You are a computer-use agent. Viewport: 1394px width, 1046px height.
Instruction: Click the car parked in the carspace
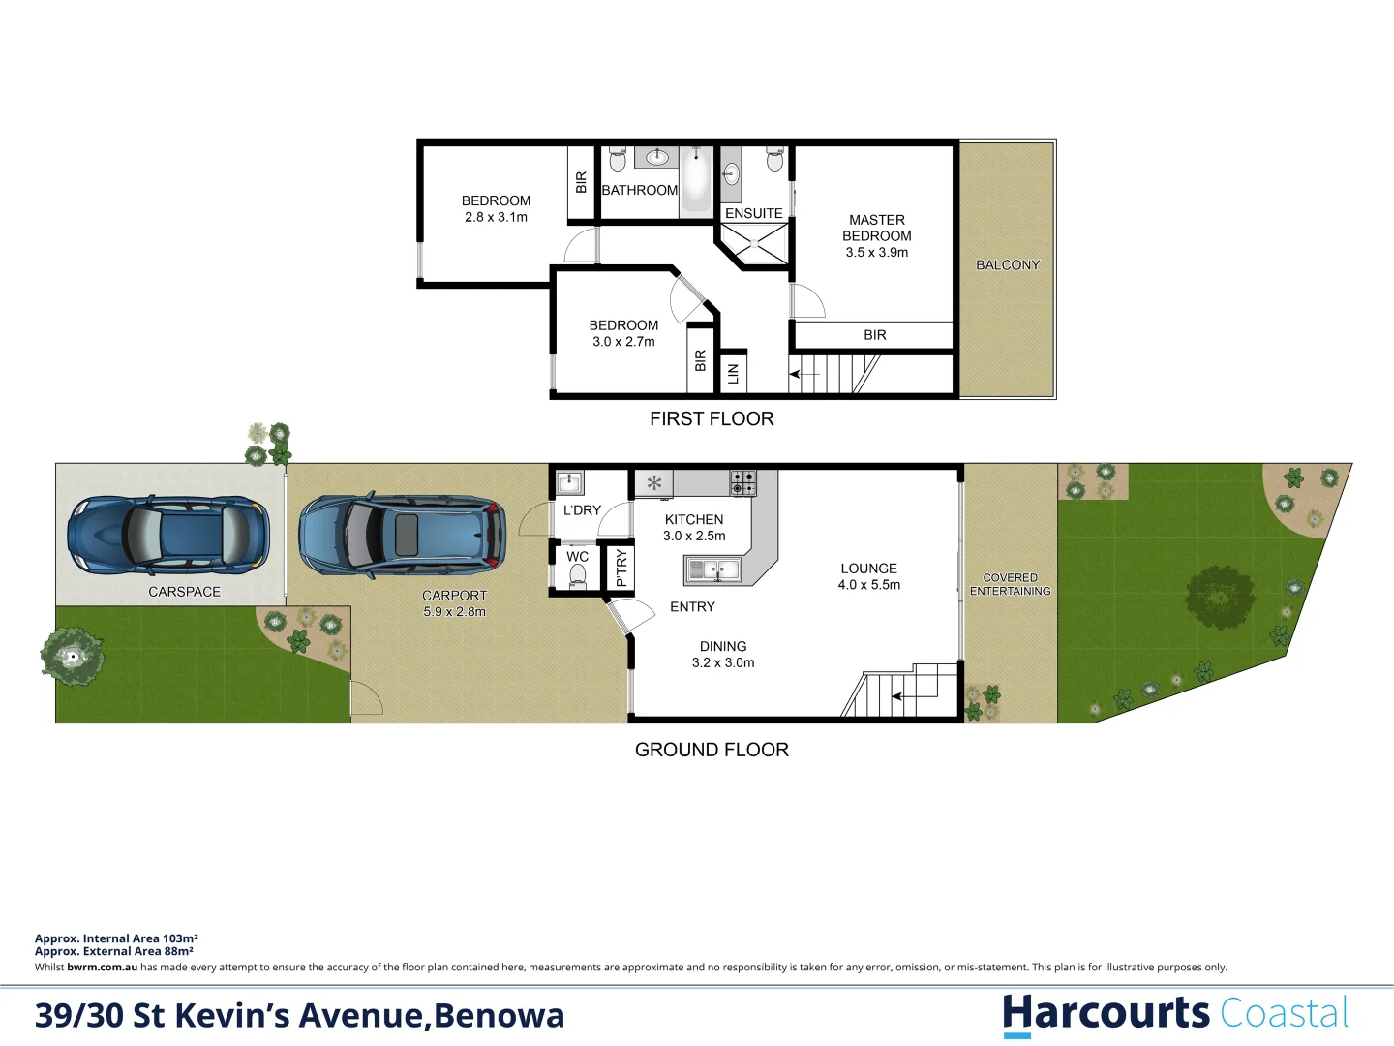click(x=167, y=534)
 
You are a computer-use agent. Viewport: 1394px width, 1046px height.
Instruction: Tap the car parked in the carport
click(x=402, y=536)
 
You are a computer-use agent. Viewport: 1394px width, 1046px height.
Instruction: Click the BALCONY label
click(x=1008, y=265)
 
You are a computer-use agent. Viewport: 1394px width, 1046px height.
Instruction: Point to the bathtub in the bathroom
click(x=696, y=179)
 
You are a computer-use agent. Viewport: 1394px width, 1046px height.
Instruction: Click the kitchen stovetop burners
click(x=742, y=481)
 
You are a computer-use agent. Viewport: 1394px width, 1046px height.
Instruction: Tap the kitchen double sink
click(x=712, y=570)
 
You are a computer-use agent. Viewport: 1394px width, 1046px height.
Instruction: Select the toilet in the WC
click(x=578, y=576)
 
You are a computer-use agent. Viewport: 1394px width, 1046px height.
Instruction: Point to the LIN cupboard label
click(x=733, y=373)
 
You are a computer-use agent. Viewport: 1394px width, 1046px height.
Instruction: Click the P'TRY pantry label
click(x=621, y=568)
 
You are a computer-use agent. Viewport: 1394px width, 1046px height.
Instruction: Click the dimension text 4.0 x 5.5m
click(x=869, y=585)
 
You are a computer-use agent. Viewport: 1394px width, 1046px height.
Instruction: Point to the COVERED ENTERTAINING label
click(x=1010, y=584)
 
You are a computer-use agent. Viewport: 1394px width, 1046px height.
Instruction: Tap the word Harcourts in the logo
click(x=1106, y=1013)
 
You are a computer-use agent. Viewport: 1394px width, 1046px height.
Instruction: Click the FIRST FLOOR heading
click(x=712, y=418)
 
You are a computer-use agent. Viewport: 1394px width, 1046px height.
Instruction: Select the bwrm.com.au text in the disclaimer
click(x=102, y=967)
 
